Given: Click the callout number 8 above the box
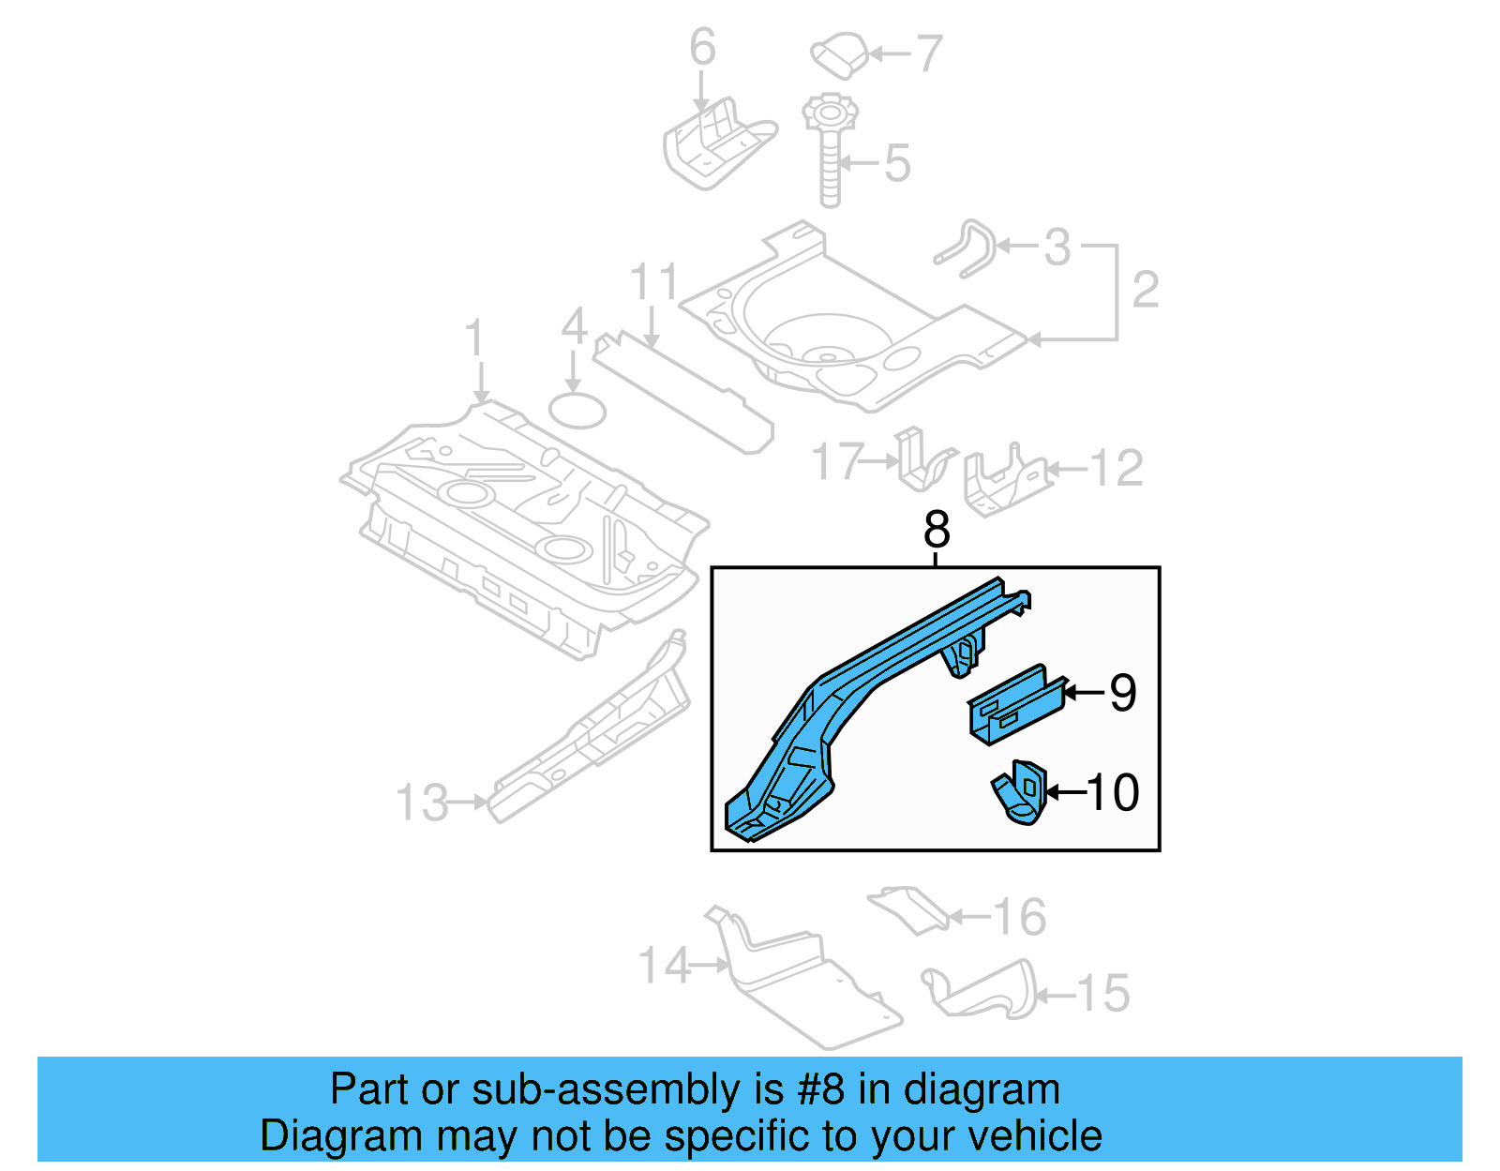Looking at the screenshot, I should point(936,531).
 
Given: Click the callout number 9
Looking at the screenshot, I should point(1122,694).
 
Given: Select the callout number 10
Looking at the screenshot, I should point(1113,793).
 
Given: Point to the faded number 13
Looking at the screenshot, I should point(422,803).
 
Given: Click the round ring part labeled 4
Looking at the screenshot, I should point(577,411).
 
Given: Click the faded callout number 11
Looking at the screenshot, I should point(653,282).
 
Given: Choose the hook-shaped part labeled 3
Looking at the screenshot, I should point(966,248).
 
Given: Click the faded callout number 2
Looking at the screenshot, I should point(1146,290).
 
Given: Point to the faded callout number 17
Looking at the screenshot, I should point(836,462).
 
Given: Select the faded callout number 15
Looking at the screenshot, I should point(1102,994).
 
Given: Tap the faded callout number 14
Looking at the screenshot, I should point(664,966).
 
